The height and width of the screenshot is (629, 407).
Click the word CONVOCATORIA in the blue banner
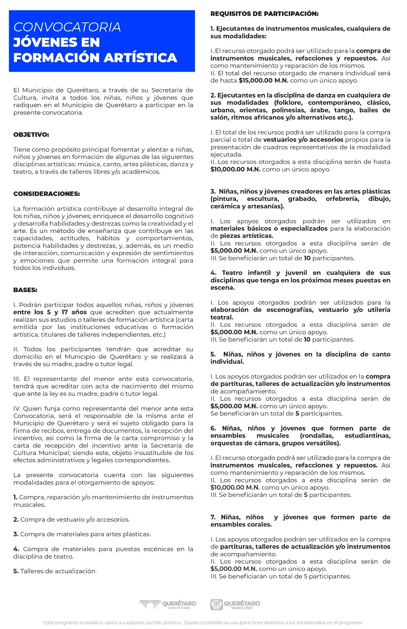coord(67,27)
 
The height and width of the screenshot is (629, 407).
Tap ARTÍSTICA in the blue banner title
coord(140,57)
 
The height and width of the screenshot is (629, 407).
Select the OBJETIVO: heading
coord(31,134)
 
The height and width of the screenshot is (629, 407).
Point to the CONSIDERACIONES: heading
coord(46,194)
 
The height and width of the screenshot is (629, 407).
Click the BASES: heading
coord(25,290)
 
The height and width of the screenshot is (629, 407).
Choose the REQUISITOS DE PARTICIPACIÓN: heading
coord(264,14)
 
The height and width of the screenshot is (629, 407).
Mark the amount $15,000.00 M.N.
coord(263,81)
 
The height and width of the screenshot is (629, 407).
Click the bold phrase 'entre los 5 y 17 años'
coord(50,312)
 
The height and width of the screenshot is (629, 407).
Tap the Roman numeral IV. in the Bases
coord(17,408)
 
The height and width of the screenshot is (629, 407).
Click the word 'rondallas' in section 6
coord(317,436)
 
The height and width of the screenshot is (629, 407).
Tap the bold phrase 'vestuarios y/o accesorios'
coord(303,140)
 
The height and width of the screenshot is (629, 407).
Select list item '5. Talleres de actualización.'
coord(55,571)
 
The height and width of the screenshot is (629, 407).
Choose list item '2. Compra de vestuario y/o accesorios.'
coord(72,519)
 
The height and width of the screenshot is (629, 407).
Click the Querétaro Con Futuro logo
coord(168,604)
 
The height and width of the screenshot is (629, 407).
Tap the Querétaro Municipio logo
coord(235,604)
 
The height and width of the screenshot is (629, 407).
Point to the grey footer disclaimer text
coord(203,623)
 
